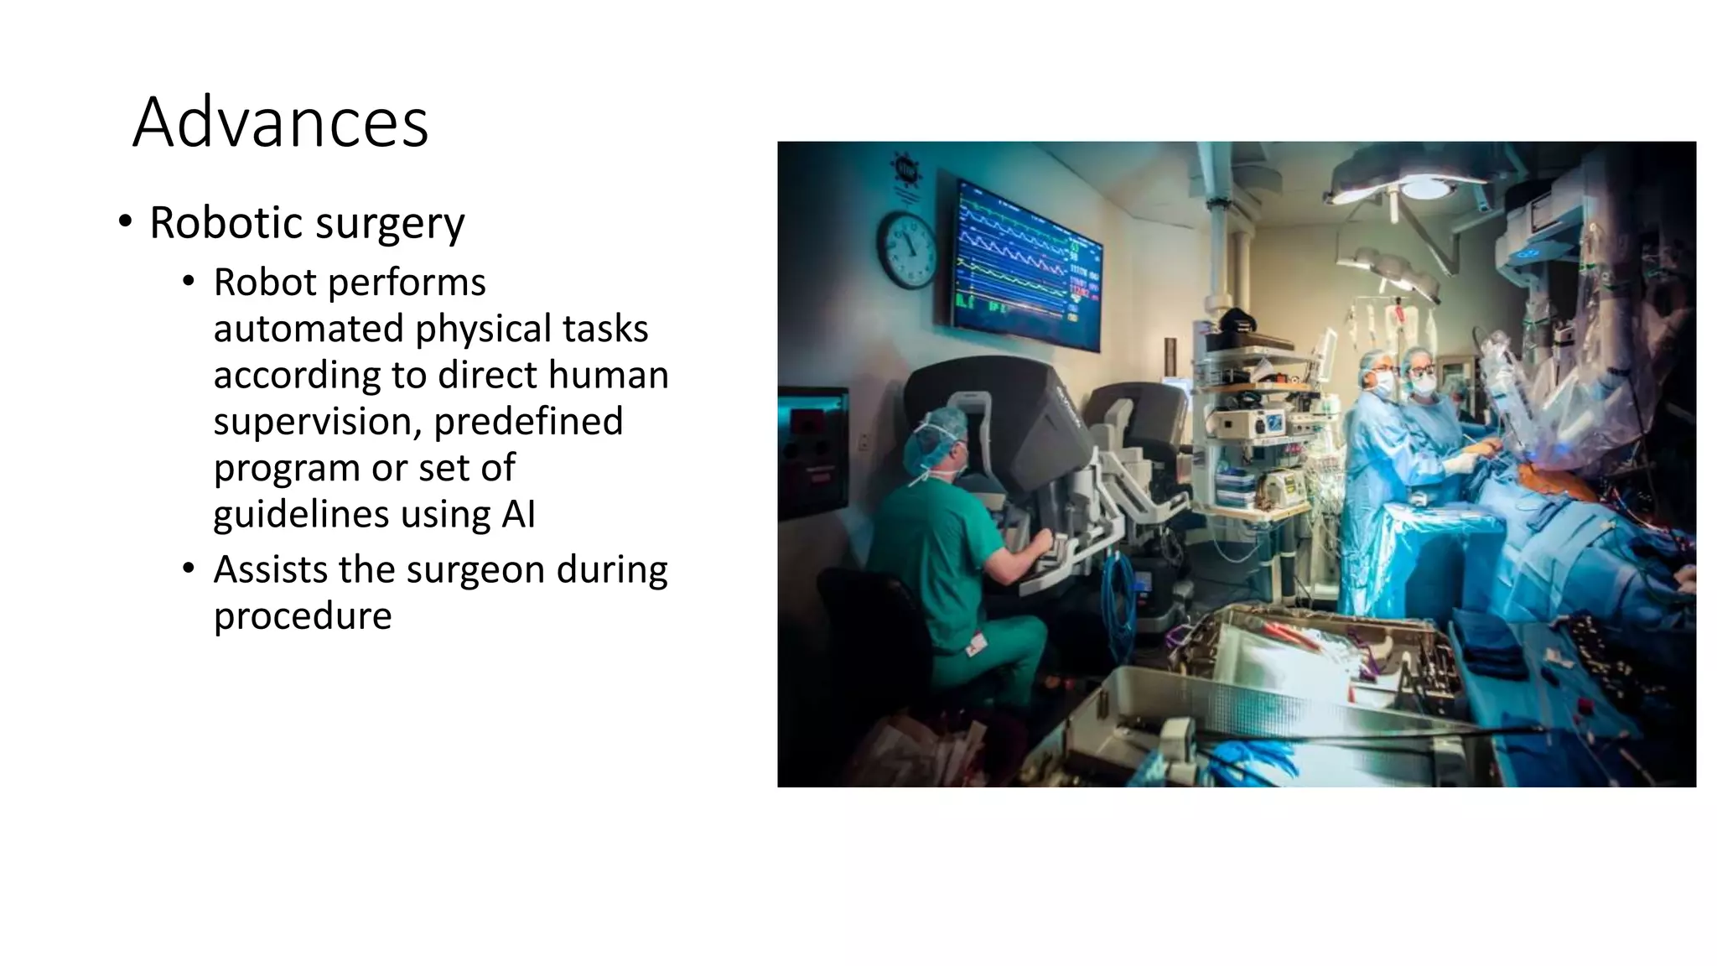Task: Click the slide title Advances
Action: tap(280, 122)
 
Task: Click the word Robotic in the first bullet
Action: tap(226, 223)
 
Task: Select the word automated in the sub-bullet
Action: tap(308, 329)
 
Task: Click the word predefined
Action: tap(528, 421)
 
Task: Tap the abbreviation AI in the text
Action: tap(518, 514)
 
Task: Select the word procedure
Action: tap(303, 617)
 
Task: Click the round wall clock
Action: tap(907, 250)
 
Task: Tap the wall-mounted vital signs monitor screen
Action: tap(1029, 264)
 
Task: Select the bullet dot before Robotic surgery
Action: tap(125, 222)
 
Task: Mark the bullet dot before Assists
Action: tap(189, 569)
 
